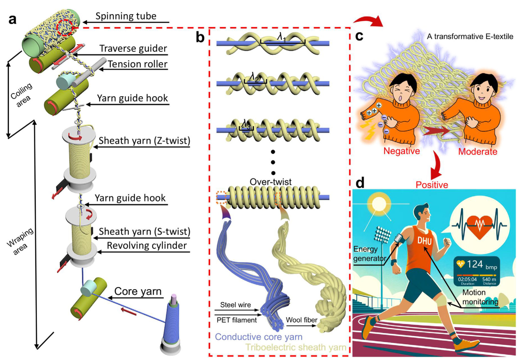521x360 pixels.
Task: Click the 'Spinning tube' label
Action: point(126,16)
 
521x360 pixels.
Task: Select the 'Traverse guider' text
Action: point(133,49)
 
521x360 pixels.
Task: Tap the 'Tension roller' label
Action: point(138,64)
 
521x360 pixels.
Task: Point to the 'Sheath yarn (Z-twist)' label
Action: point(144,141)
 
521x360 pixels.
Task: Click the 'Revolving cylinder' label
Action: point(147,246)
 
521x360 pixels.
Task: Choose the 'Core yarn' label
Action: point(138,291)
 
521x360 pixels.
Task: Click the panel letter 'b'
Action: point(200,37)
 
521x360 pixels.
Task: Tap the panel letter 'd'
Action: point(360,183)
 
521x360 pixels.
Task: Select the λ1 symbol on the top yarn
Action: point(282,37)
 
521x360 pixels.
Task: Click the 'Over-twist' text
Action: point(271,182)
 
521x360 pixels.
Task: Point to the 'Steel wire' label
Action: point(235,305)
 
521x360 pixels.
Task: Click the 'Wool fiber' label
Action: point(301,320)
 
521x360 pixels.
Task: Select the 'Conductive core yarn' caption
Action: point(258,337)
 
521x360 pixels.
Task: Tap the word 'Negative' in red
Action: point(401,151)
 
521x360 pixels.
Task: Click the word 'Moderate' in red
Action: point(477,152)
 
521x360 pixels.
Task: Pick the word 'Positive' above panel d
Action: point(432,185)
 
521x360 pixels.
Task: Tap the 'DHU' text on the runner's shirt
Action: point(425,241)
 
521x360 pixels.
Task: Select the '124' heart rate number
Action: point(475,264)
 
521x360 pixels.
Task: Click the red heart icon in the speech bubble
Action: point(479,225)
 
